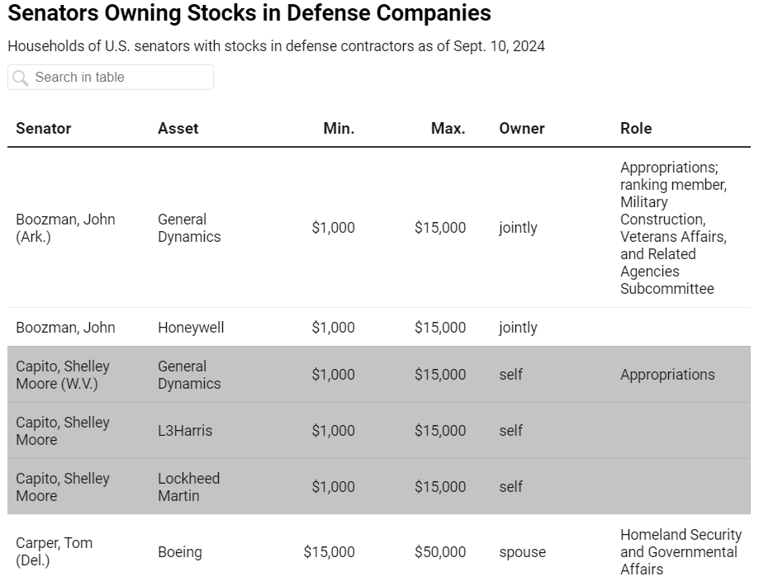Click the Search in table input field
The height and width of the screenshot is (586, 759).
click(111, 77)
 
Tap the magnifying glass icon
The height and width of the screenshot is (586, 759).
click(21, 78)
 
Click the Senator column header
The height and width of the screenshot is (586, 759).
click(44, 128)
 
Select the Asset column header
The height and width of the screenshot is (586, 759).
click(178, 128)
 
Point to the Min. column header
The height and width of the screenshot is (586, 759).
click(339, 128)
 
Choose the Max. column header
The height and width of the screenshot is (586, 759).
click(448, 128)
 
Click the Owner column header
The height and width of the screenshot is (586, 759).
click(522, 128)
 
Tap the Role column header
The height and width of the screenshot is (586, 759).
click(636, 128)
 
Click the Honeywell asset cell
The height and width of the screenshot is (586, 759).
click(191, 328)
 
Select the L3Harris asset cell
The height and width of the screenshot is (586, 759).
click(185, 431)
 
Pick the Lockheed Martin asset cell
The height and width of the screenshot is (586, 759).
click(189, 487)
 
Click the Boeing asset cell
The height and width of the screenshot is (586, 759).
click(180, 552)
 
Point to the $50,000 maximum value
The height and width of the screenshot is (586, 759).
click(440, 552)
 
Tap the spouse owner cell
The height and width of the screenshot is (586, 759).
click(522, 552)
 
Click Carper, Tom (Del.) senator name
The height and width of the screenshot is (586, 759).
click(55, 551)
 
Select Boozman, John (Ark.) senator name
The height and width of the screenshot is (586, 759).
click(65, 228)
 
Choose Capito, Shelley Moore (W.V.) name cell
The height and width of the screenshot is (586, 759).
click(63, 375)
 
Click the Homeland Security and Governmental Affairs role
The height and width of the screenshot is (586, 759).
click(681, 552)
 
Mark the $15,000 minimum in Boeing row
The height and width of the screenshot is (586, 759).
click(330, 552)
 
